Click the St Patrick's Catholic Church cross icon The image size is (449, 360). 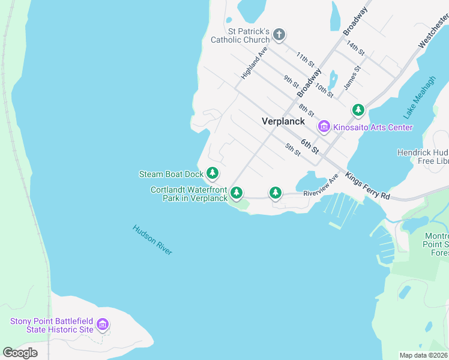pyautogui.click(x=279, y=35)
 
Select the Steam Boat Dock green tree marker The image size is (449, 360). pyautogui.click(x=212, y=173)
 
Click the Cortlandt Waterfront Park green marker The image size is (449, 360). pyautogui.click(x=237, y=193)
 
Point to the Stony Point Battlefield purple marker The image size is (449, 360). pyautogui.click(x=103, y=325)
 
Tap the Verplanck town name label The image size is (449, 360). pyautogui.click(x=284, y=121)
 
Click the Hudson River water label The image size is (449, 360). pyautogui.click(x=152, y=240)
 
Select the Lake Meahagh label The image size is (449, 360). pyautogui.click(x=420, y=97)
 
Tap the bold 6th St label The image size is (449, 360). pyautogui.click(x=310, y=145)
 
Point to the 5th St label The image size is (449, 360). pyautogui.click(x=292, y=150)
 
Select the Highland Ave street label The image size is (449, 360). pyautogui.click(x=253, y=64)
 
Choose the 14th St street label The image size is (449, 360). pyautogui.click(x=355, y=49)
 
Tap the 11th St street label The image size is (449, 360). pyautogui.click(x=305, y=58)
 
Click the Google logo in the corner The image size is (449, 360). pyautogui.click(x=20, y=352)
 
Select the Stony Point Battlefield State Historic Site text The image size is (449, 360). pyautogui.click(x=52, y=325)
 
